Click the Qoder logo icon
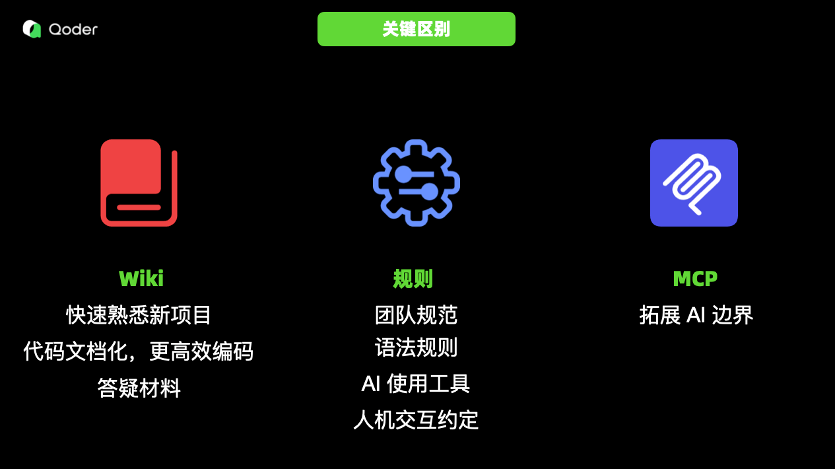pos(32,29)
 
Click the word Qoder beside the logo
pos(73,29)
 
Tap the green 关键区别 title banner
pos(416,29)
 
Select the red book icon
pos(139,183)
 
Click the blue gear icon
pos(416,183)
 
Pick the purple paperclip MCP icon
pos(694,183)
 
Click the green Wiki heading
pos(141,278)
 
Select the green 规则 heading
pos(413,279)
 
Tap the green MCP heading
pos(695,279)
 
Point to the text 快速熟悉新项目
pos(139,315)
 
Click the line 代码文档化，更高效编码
pos(139,351)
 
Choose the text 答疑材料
pos(139,388)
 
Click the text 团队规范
pos(416,315)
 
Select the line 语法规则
pos(416,347)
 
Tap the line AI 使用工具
pos(416,384)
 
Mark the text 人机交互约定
pos(416,420)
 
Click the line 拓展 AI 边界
pos(696,315)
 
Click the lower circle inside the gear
pos(429,192)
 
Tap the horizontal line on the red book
pos(139,207)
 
